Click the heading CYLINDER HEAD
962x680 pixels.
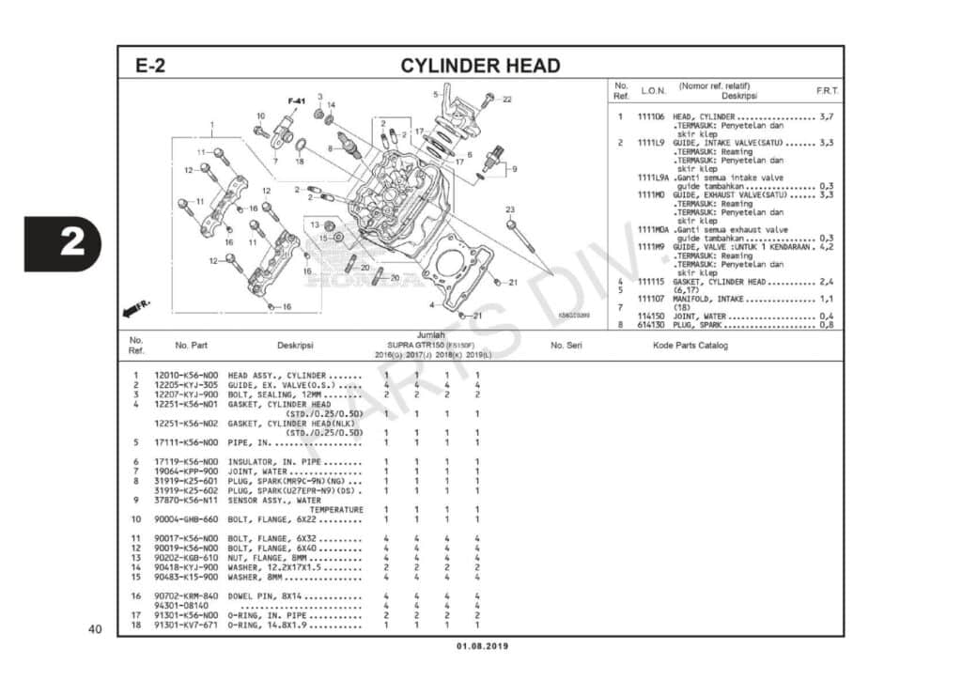480,66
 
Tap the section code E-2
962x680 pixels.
150,66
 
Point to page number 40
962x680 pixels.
94,628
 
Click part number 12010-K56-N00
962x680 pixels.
185,376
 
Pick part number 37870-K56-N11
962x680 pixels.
185,501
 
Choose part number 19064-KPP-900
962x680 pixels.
185,471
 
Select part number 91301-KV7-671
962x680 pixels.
185,625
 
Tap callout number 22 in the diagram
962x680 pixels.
506,100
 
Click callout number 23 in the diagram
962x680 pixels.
510,209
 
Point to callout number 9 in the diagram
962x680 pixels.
514,169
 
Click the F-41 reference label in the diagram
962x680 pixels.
297,100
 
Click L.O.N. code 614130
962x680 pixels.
651,325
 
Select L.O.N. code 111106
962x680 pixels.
651,116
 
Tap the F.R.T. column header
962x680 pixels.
827,91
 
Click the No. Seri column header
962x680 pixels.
566,346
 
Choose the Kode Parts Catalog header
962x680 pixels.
690,346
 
